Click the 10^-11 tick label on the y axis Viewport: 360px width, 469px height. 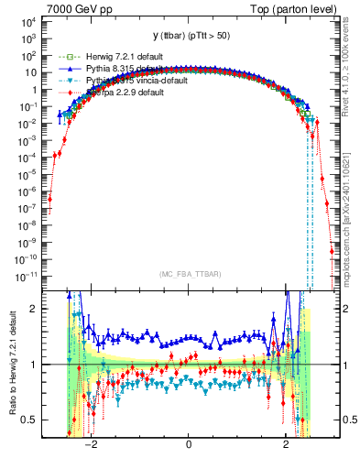click(27, 275)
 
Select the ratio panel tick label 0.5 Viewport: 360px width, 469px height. click(30, 420)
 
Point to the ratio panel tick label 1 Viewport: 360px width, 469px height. click(34, 365)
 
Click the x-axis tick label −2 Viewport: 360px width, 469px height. click(90, 447)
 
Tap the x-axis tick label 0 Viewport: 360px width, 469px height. click(189, 447)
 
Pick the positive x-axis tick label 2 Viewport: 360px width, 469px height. click(287, 447)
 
